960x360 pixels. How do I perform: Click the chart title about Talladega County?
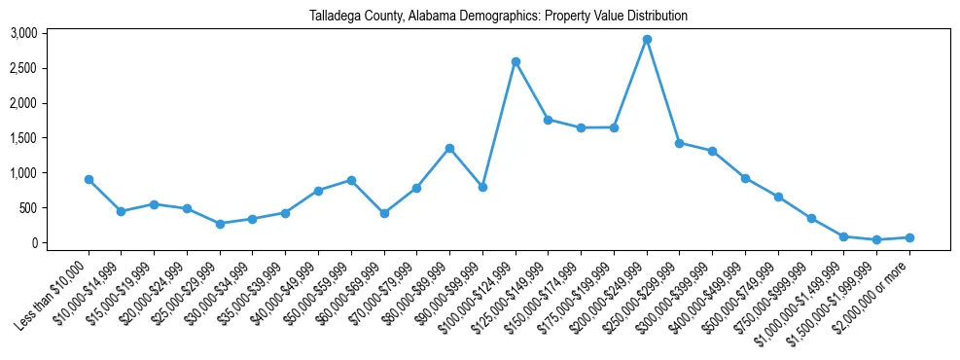[x=498, y=16]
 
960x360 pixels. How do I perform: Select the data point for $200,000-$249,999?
[x=647, y=40]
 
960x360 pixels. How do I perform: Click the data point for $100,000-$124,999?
[x=516, y=61]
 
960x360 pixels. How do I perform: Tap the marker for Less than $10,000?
[x=89, y=180]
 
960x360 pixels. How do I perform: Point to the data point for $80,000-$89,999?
[x=449, y=148]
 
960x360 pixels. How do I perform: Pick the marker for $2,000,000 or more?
[x=909, y=237]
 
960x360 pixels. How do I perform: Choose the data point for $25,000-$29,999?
[x=220, y=224]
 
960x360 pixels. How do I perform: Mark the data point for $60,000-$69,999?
[x=384, y=213]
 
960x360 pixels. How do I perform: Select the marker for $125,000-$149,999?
[x=549, y=120]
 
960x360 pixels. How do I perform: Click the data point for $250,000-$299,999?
[x=680, y=143]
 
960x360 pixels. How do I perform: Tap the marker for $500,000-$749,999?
[x=778, y=197]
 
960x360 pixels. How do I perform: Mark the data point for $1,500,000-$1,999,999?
[x=876, y=239]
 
